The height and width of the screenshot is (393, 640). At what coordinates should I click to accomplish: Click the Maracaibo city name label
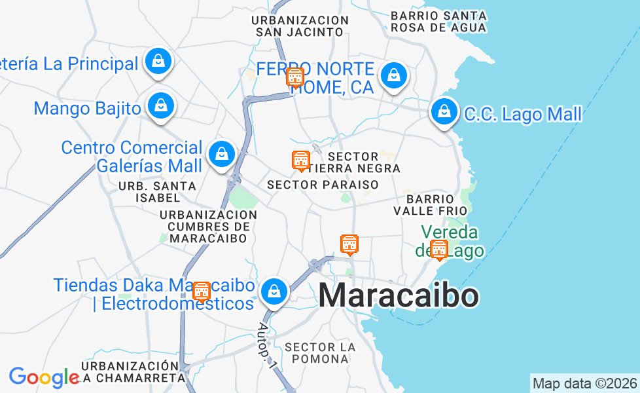tap(399, 296)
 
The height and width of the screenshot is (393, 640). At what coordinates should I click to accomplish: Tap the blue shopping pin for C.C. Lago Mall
tap(444, 112)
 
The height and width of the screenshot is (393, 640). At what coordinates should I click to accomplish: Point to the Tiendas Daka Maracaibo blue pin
tap(274, 291)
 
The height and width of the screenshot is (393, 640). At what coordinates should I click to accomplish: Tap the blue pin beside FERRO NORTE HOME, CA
tap(394, 76)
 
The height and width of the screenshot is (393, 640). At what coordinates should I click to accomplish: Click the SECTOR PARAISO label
tap(323, 185)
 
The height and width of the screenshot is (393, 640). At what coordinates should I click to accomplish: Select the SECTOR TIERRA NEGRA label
tap(363, 162)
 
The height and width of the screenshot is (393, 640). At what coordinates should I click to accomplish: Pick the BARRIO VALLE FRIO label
tap(430, 204)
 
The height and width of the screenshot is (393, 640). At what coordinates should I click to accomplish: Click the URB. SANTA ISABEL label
tap(157, 191)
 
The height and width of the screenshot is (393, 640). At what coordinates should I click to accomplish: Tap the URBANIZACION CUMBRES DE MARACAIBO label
tap(208, 226)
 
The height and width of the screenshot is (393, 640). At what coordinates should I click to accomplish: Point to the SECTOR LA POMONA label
tap(321, 352)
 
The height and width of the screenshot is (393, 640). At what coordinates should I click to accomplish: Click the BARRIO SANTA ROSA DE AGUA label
tap(438, 22)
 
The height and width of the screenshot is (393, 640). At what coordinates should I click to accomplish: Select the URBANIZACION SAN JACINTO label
tap(300, 26)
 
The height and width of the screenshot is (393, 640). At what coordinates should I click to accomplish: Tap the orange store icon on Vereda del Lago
tap(439, 250)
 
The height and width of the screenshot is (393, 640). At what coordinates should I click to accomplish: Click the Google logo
tap(44, 377)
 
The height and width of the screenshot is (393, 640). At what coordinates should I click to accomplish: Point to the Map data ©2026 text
tap(584, 383)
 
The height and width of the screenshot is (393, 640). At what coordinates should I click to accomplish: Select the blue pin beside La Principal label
tap(158, 62)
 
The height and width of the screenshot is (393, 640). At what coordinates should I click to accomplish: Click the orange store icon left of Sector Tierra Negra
tap(300, 160)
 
